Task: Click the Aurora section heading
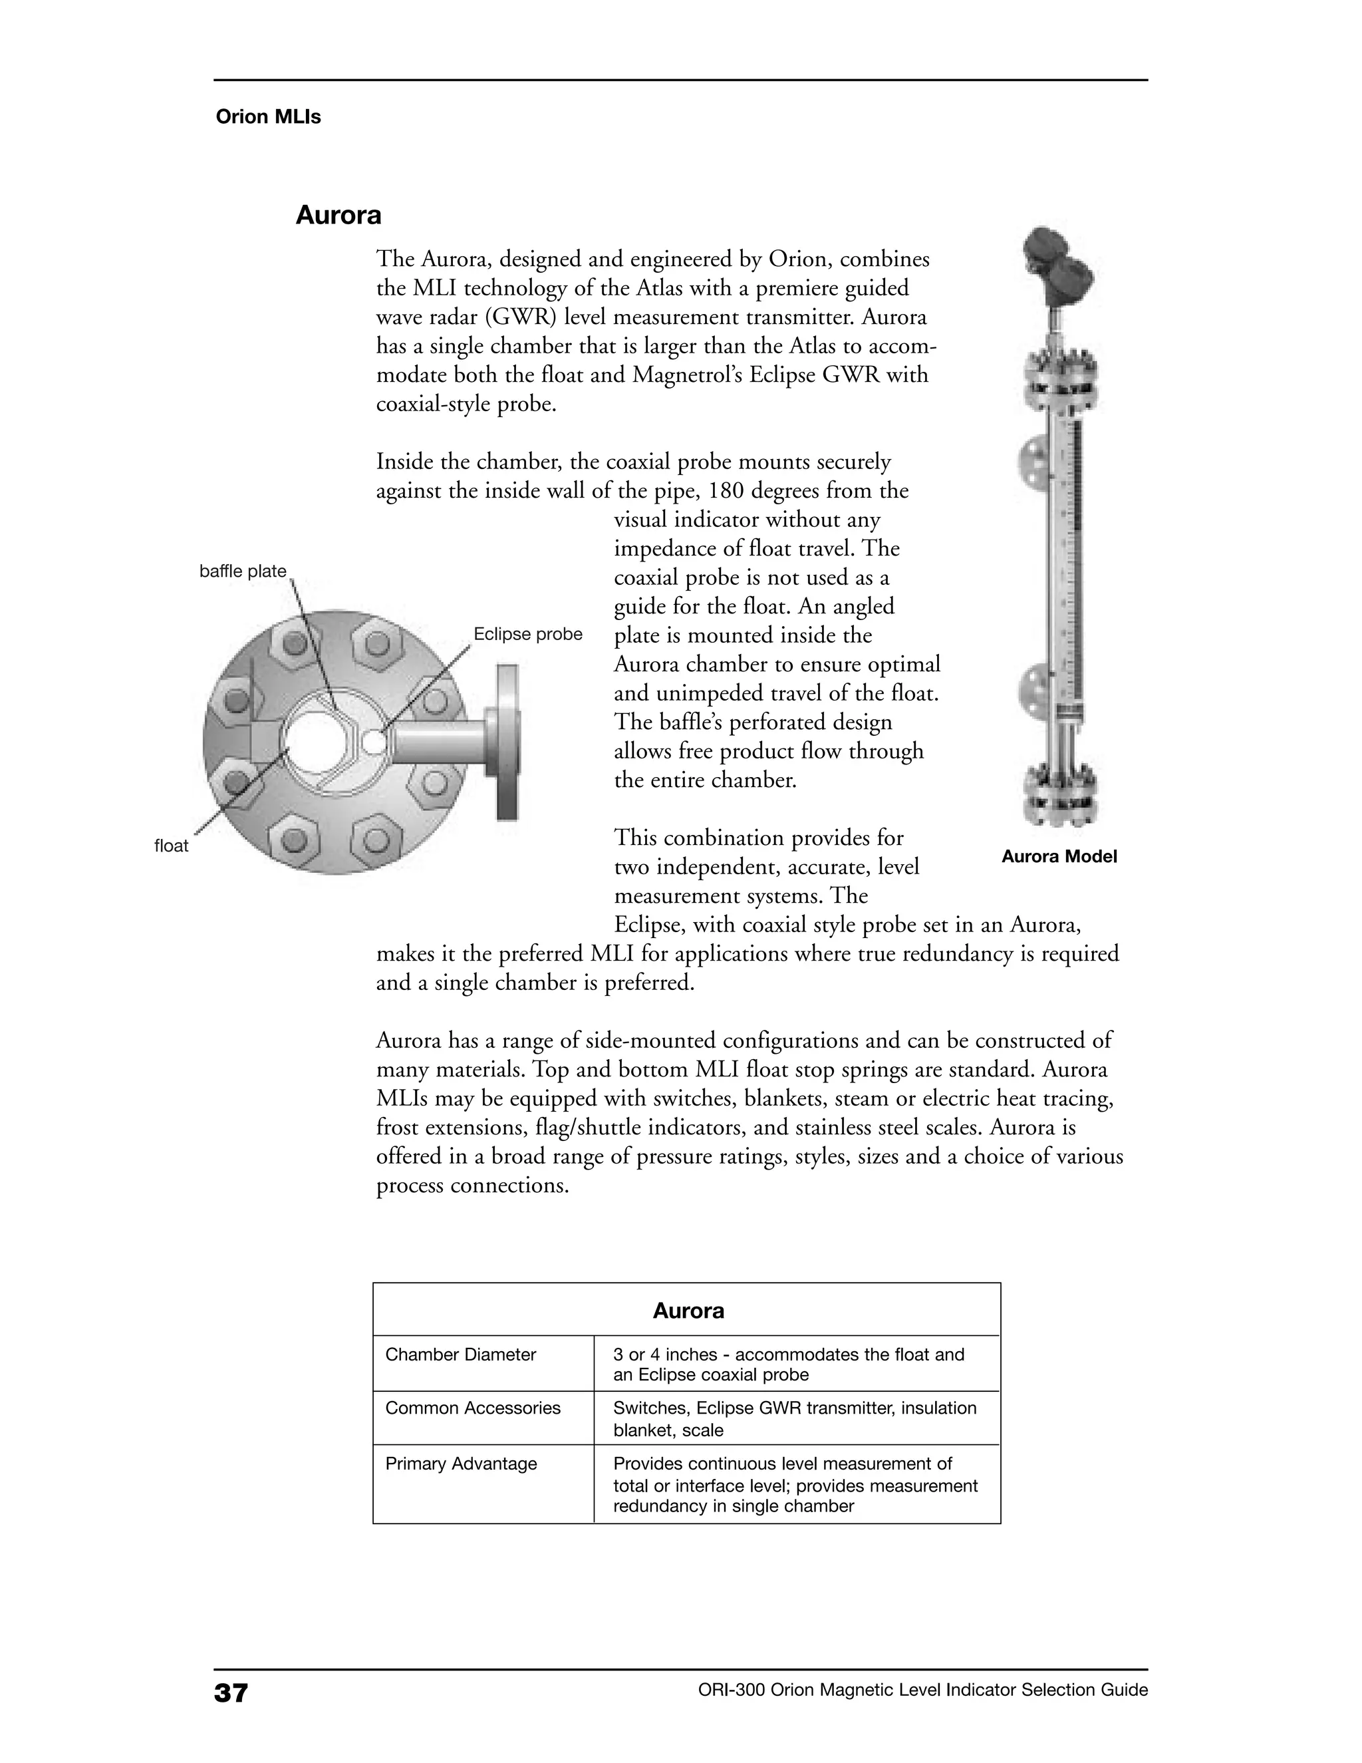tap(338, 216)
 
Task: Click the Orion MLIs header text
tap(268, 117)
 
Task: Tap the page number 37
tap(231, 1692)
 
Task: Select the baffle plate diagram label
tap(243, 571)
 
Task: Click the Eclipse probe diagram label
tap(527, 635)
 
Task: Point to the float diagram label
tap(171, 846)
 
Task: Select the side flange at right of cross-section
tap(507, 741)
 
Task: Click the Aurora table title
tap(688, 1311)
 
